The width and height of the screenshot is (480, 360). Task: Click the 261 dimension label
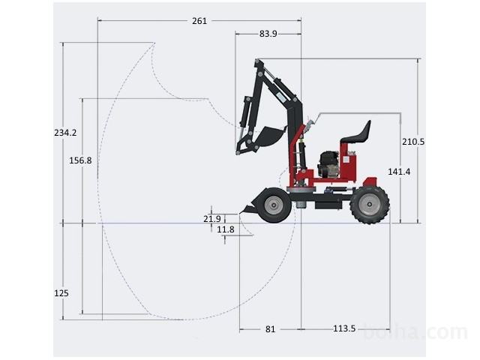point(199,21)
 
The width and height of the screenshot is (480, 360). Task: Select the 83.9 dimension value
point(268,34)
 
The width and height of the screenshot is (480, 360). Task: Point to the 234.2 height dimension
point(65,133)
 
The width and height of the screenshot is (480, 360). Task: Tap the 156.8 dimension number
point(80,160)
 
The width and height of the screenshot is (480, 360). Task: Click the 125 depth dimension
point(61,293)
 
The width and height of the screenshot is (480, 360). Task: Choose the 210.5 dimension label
point(413,142)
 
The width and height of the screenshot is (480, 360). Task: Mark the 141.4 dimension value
point(399,172)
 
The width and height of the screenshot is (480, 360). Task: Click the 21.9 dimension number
point(212,219)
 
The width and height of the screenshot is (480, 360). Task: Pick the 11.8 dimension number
point(226,229)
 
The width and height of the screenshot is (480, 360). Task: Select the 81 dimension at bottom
point(270,329)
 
